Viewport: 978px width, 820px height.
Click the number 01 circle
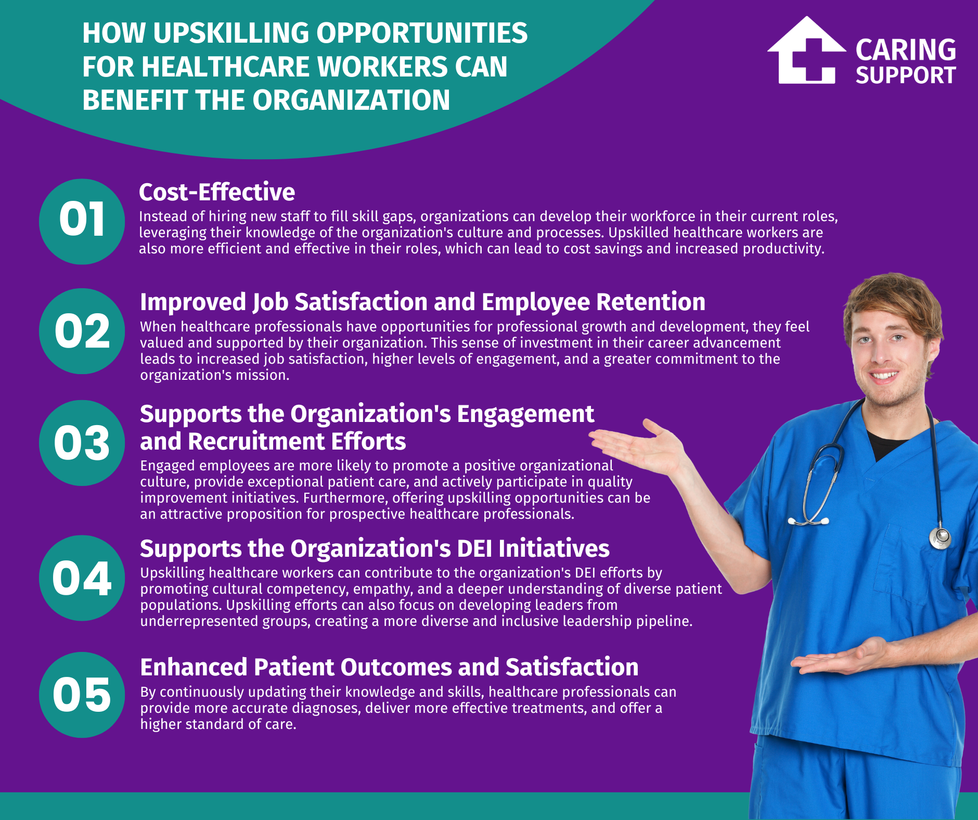point(82,221)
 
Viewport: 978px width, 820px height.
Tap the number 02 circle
point(82,331)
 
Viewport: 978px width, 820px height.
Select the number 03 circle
point(82,443)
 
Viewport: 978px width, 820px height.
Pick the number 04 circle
point(82,578)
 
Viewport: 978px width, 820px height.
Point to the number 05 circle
point(82,695)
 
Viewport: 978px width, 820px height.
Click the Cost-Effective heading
point(217,193)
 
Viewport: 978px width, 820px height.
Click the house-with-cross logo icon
point(806,52)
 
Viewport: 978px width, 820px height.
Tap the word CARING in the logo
point(906,50)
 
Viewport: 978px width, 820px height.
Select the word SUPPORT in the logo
point(906,76)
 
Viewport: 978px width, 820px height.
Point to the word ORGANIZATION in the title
point(351,100)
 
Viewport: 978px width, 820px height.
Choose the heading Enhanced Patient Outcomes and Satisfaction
point(389,668)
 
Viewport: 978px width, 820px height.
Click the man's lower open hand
point(838,658)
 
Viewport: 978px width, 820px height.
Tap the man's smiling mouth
point(885,375)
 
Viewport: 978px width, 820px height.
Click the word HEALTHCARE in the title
point(226,67)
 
